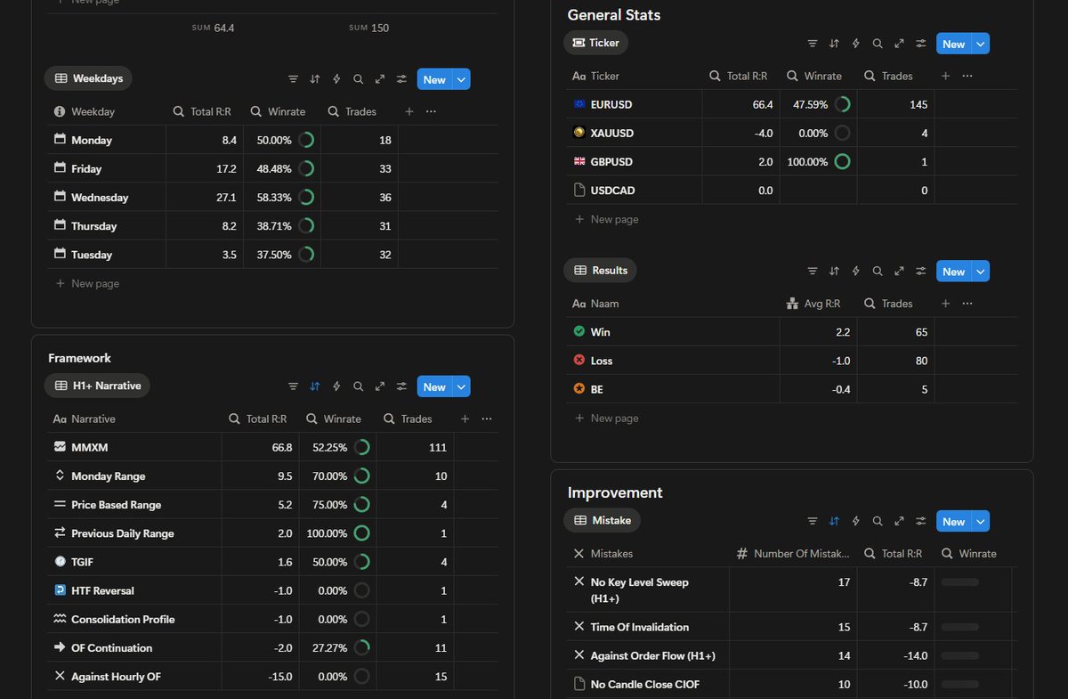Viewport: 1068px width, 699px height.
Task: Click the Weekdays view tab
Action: [x=88, y=78]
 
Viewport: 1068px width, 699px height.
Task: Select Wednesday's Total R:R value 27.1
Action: [x=226, y=198]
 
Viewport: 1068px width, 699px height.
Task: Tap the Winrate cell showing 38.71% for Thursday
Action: [x=274, y=226]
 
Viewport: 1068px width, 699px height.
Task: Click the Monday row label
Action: [x=92, y=141]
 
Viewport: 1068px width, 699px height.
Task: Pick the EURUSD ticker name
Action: [x=611, y=104]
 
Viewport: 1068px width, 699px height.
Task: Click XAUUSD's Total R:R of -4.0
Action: [x=764, y=133]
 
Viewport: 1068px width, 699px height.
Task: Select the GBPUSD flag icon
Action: [x=579, y=161]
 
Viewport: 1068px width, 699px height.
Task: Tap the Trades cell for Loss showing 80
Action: [x=921, y=361]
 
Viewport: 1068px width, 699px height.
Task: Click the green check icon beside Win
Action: [x=579, y=331]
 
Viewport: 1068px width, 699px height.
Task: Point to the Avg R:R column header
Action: [x=813, y=304]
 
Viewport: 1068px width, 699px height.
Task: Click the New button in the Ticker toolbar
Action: [x=953, y=44]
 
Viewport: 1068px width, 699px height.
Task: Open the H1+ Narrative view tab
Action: [x=97, y=386]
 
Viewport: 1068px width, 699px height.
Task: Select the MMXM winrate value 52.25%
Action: [x=329, y=448]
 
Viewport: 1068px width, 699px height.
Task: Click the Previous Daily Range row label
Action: [x=123, y=533]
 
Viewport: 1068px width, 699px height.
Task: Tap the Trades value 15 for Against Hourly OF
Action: [x=441, y=677]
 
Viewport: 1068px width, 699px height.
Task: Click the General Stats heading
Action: [x=613, y=15]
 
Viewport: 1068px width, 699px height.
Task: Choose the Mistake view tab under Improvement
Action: [x=603, y=521]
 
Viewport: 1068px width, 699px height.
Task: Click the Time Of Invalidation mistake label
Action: [x=639, y=627]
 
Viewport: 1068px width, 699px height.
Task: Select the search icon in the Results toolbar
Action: [x=878, y=271]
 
